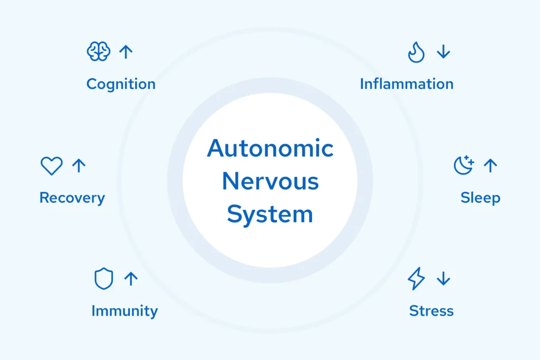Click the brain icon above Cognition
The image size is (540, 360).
pyautogui.click(x=99, y=52)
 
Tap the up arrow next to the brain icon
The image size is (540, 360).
pyautogui.click(x=126, y=52)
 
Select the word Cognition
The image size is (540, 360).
pyautogui.click(x=121, y=84)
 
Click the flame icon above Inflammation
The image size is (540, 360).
pyautogui.click(x=416, y=52)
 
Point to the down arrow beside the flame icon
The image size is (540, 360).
pyautogui.click(x=443, y=52)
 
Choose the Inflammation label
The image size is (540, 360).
pyautogui.click(x=407, y=84)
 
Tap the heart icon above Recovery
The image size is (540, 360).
pyautogui.click(x=52, y=166)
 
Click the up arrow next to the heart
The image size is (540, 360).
pyautogui.click(x=79, y=166)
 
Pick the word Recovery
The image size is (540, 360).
pyautogui.click(x=72, y=198)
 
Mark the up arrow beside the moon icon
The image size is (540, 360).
pyautogui.click(x=490, y=166)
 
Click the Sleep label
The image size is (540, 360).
pyautogui.click(x=480, y=198)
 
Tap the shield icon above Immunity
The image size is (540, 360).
pyautogui.click(x=103, y=279)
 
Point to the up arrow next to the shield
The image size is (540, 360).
pyautogui.click(x=131, y=279)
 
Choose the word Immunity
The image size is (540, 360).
pyautogui.click(x=124, y=311)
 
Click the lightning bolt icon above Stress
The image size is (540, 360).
pyautogui.click(x=416, y=279)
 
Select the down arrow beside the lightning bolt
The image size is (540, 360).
pyautogui.click(x=443, y=279)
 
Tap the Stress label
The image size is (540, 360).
pyautogui.click(x=431, y=311)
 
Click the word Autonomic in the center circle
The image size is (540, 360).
pyautogui.click(x=270, y=149)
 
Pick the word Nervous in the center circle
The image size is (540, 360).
pyautogui.click(x=270, y=181)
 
